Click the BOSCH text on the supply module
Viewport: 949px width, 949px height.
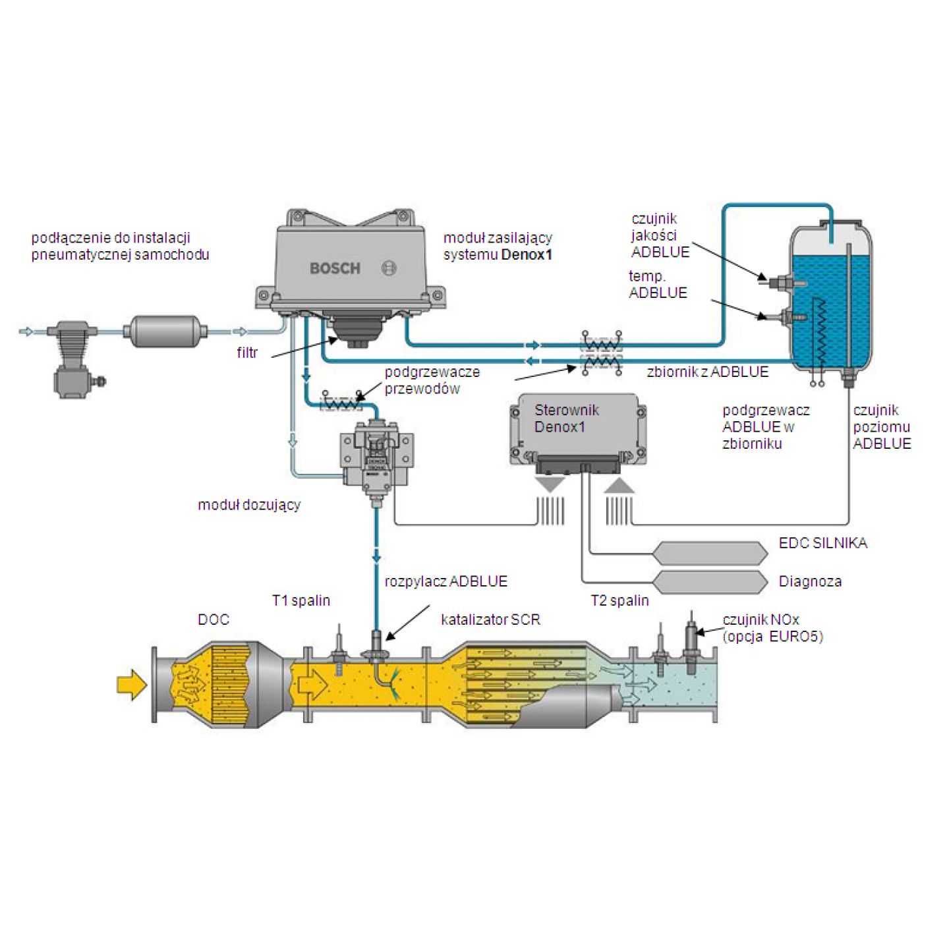tap(335, 268)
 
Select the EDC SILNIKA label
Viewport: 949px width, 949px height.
tap(822, 543)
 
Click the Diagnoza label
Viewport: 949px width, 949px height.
tap(810, 581)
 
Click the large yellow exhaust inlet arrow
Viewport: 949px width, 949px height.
tap(131, 684)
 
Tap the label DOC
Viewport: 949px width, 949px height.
tap(214, 619)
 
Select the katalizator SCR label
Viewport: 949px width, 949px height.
tap(490, 619)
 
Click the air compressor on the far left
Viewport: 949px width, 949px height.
tap(74, 359)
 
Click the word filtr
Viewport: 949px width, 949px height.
tap(247, 353)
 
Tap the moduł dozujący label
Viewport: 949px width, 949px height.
tap(249, 505)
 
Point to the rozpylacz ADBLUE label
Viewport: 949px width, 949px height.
tap(446, 581)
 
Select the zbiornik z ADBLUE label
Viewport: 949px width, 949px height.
tap(707, 372)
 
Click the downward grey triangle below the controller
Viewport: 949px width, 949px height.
tap(550, 484)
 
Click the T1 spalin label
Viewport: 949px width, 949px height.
tap(301, 600)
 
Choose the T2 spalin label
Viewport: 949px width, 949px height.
tap(619, 600)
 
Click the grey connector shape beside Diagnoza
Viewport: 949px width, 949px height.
tap(710, 581)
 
